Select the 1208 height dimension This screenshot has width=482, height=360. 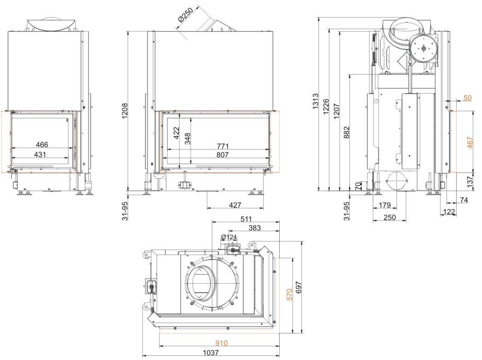(124, 111)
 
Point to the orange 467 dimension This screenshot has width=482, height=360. (469, 142)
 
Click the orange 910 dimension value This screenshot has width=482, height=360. (222, 343)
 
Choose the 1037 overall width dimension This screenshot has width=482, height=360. (212, 353)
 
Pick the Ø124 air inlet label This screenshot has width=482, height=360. (229, 237)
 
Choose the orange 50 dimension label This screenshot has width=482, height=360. (467, 98)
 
